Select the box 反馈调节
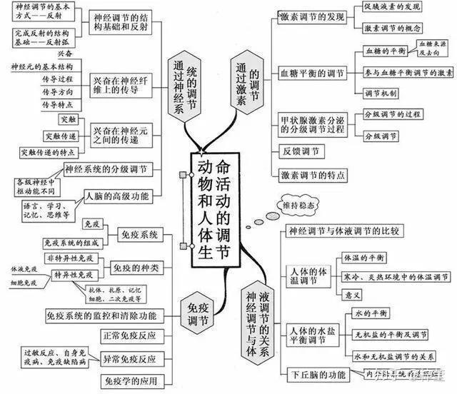click(x=303, y=151)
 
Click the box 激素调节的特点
click(x=313, y=174)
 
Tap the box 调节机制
click(x=382, y=94)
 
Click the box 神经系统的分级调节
click(x=106, y=169)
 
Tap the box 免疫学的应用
click(x=129, y=380)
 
